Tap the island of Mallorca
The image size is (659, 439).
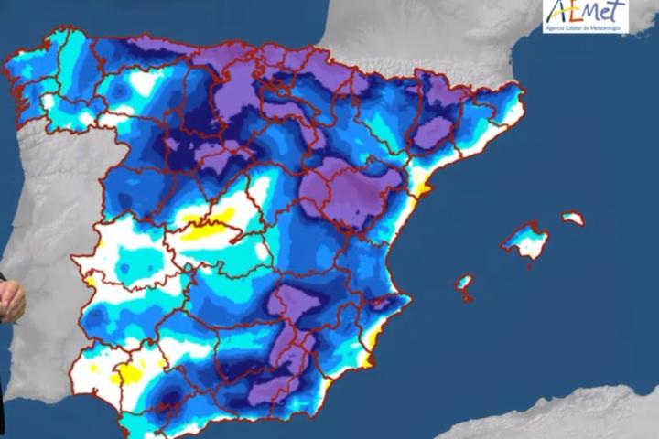coord(526,242)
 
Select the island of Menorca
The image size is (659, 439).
coord(573,219)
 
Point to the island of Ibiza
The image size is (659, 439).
coord(465,282)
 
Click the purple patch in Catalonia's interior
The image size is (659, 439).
coord(432,133)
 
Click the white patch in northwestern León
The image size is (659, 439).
coord(142,84)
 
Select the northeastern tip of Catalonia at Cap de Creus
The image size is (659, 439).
coord(520,91)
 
